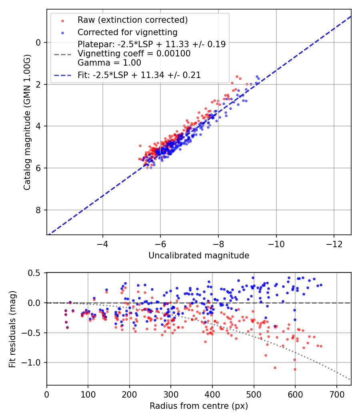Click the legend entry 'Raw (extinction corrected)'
click(132, 20)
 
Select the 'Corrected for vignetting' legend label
click(128, 32)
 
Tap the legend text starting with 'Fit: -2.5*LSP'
click(139, 75)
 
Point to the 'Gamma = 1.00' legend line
click(109, 62)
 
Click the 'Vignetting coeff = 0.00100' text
click(134, 54)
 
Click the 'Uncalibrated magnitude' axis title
click(199, 256)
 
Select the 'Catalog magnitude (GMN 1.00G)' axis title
click(27, 122)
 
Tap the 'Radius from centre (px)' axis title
click(199, 406)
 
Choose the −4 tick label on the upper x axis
click(103, 244)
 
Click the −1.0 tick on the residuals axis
click(33, 363)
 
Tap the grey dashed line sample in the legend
click(62, 54)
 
